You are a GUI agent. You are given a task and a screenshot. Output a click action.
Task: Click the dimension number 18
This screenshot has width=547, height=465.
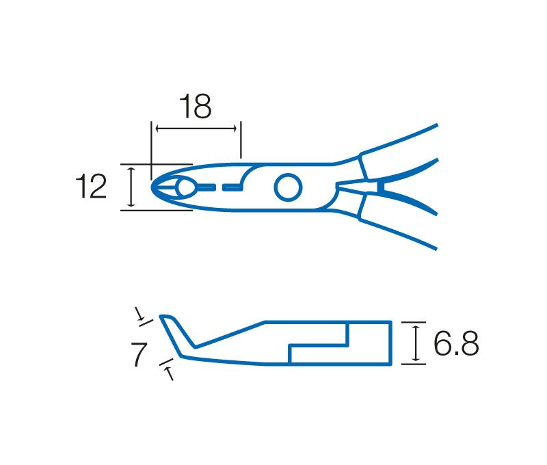(x=195, y=106)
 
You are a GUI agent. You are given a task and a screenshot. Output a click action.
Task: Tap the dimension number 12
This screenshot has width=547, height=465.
(x=91, y=187)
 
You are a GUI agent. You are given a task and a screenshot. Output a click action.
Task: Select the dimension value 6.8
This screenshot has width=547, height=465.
(x=456, y=343)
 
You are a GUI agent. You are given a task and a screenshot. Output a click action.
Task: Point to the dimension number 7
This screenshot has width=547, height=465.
(x=139, y=354)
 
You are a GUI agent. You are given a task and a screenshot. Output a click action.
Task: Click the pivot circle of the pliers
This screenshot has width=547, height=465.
(x=288, y=187)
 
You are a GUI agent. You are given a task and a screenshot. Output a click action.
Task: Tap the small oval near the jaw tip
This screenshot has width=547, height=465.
(x=187, y=187)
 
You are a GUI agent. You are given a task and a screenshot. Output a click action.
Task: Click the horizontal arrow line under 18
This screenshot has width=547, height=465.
(x=196, y=129)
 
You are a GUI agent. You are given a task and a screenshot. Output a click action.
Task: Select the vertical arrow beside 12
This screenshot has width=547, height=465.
(x=131, y=187)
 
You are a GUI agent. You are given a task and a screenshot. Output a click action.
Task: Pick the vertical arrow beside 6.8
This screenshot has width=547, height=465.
(x=415, y=343)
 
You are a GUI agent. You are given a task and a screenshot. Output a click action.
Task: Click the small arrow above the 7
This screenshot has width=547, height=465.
(x=139, y=314)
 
